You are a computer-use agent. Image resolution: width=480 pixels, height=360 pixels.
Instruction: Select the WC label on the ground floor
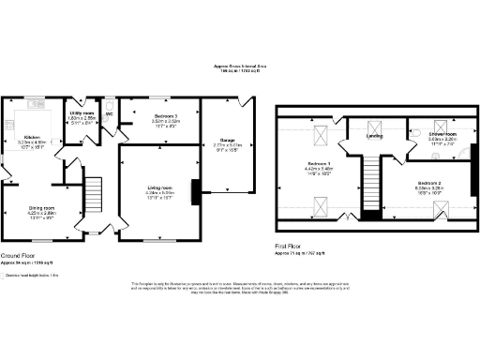click(x=110, y=115)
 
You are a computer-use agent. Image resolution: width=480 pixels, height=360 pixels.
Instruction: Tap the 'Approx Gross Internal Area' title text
click(x=240, y=66)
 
